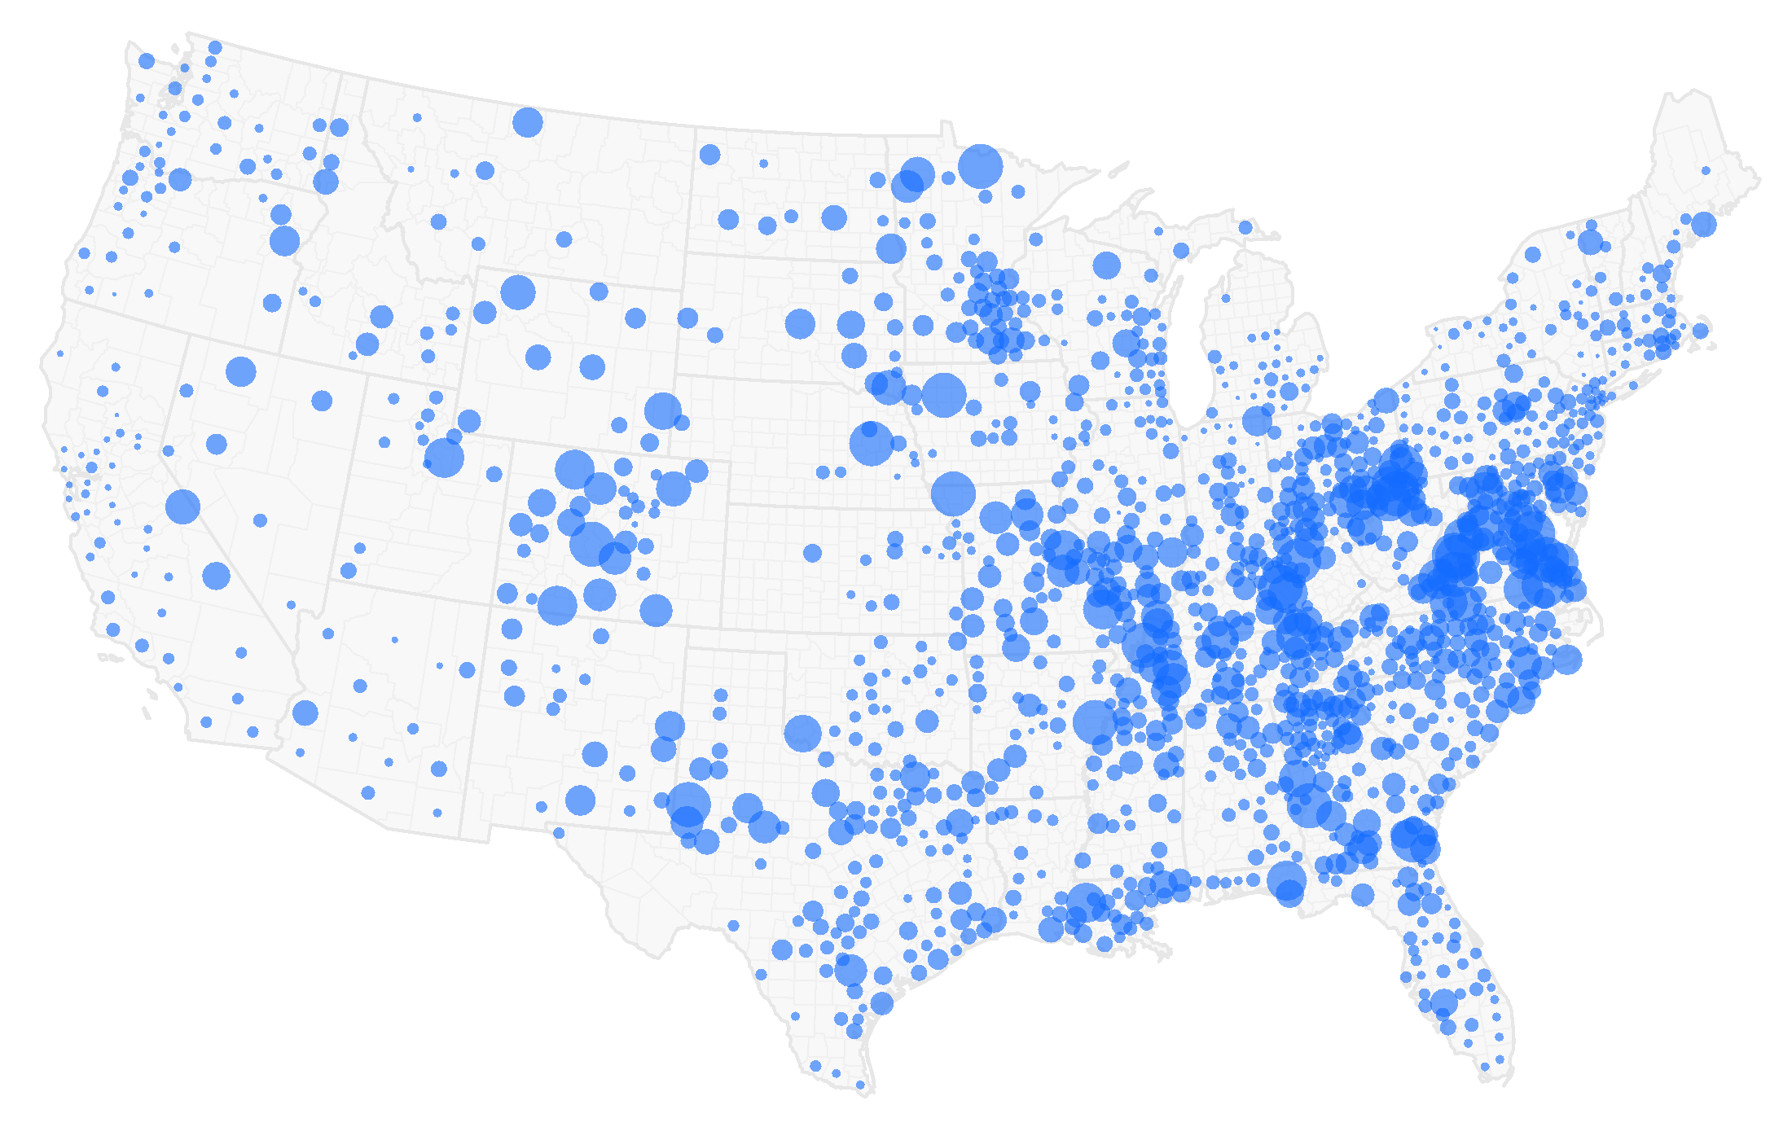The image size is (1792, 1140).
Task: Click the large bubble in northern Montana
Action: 528,122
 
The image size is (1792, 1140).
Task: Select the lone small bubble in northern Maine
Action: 1706,170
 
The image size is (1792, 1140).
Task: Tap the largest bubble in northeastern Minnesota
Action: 980,166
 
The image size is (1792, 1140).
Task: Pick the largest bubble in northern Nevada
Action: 240,371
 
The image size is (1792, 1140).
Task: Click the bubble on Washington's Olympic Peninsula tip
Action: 147,61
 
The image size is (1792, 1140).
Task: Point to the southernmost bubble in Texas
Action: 860,1085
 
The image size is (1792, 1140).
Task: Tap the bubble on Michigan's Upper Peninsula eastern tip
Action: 1245,227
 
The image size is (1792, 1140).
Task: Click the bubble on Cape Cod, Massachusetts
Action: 1700,331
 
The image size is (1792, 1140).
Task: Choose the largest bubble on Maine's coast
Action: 1703,224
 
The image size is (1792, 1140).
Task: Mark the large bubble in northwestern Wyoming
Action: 517,292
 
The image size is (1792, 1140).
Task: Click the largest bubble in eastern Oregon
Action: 284,241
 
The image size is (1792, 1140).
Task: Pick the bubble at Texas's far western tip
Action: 559,833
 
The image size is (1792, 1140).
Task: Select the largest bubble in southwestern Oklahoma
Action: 802,733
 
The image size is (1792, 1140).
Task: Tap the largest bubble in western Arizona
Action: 305,712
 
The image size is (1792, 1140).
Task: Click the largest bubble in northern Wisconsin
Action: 1106,265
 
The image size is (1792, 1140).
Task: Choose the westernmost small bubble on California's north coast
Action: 59,353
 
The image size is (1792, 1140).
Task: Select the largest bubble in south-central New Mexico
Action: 580,800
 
